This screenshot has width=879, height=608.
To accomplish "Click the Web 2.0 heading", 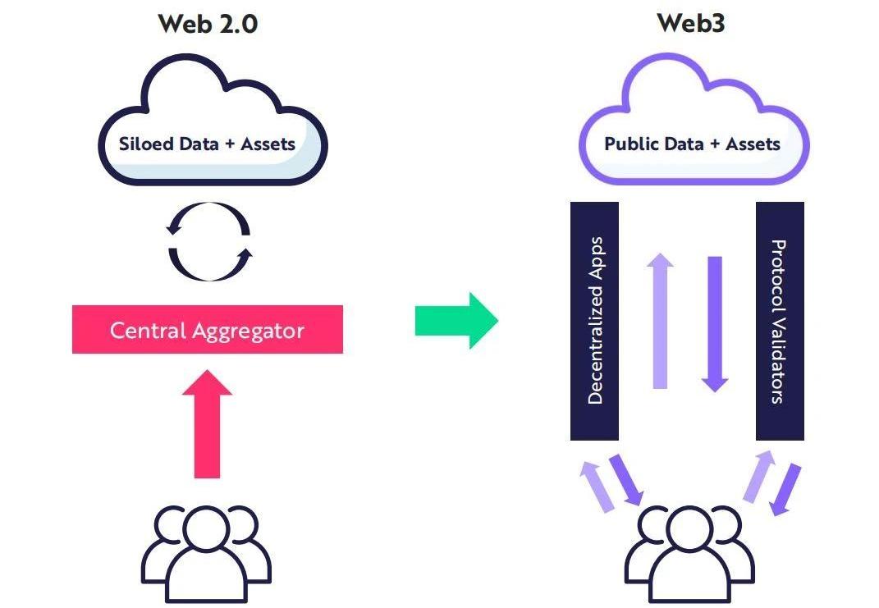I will coord(208,23).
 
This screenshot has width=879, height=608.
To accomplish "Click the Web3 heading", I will coord(690,23).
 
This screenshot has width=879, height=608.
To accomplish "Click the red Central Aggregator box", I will coord(207,330).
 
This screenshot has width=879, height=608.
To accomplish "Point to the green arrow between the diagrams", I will coord(456,320).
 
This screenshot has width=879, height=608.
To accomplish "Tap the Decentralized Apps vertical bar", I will coord(594,320).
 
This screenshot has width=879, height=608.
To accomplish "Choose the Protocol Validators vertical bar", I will coord(779,320).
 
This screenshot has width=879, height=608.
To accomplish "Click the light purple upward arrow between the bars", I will coord(660,320).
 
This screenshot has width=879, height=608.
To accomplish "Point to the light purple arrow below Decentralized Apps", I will coord(597,487).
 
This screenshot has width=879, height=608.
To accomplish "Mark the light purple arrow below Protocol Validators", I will coord(758,476).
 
